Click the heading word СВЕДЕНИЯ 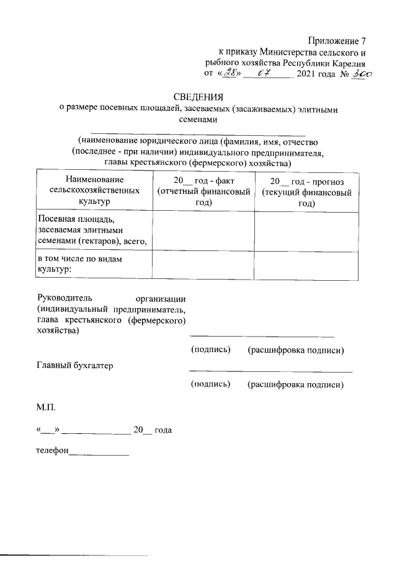click(198, 97)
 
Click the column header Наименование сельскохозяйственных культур click(94, 190)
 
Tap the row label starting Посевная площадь click(92, 230)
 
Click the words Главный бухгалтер click(75, 366)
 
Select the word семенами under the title click(198, 120)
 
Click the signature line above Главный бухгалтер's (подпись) click(270, 372)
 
